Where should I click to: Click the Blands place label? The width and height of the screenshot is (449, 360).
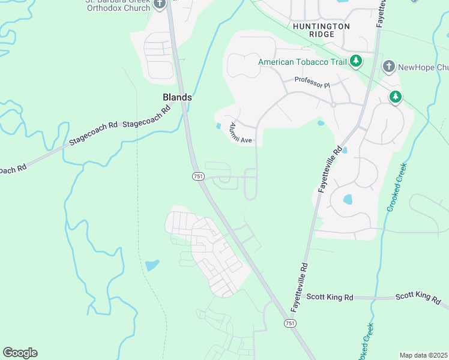point(177,97)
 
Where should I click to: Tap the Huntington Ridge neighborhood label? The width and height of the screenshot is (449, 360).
point(321,31)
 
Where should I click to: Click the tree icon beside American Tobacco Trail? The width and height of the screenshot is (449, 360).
point(356,61)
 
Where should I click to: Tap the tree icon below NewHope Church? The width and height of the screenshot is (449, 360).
point(395,96)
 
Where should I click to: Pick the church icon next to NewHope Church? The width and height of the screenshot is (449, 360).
point(389,66)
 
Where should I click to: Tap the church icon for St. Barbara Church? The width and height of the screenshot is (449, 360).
point(160,4)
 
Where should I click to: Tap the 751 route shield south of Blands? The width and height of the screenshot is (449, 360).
point(198,176)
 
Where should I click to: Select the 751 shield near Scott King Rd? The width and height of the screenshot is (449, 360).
point(290,323)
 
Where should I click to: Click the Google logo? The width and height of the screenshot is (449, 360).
point(20,353)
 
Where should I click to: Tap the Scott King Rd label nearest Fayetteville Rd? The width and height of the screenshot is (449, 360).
point(330,296)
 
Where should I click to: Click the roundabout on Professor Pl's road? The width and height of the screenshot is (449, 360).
point(333,104)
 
